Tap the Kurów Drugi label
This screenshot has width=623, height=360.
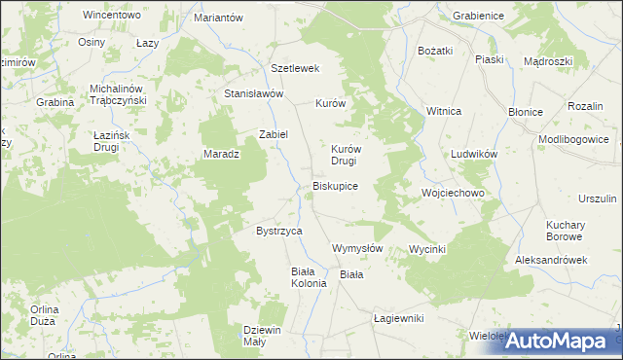click(346, 155)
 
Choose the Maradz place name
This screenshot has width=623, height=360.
click(221, 154)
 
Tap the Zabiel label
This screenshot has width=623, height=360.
click(273, 134)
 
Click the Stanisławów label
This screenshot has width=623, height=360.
click(253, 93)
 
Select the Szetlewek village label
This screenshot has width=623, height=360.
click(296, 68)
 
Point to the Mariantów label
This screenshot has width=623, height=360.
click(218, 18)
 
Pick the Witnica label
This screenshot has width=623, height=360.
click(443, 111)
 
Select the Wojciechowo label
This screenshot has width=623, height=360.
click(453, 193)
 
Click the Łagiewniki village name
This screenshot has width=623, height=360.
click(400, 318)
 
